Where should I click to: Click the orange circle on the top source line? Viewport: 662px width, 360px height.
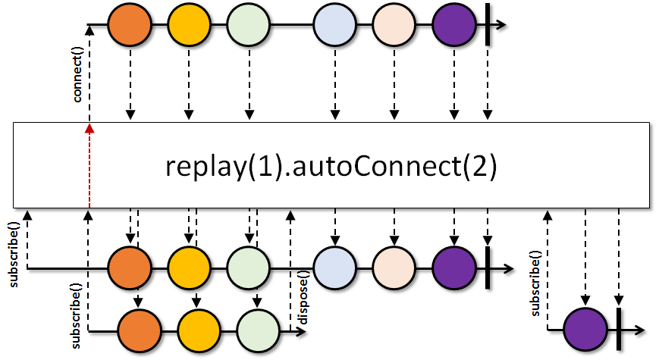[x=130, y=24]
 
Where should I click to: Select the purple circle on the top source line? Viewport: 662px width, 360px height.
[x=453, y=24]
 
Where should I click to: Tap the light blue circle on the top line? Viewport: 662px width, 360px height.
[x=334, y=24]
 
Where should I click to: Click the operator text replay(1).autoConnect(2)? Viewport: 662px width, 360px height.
[x=331, y=166]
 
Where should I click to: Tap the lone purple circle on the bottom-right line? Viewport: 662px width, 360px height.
[x=585, y=330]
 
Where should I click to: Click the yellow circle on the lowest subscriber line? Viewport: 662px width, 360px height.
[x=199, y=330]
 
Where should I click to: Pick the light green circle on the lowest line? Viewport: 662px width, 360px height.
[x=259, y=330]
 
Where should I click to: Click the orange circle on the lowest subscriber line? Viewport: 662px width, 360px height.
[x=140, y=330]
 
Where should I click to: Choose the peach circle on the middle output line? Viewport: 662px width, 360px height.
[x=394, y=268]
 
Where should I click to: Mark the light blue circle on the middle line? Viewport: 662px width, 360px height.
[x=334, y=268]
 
